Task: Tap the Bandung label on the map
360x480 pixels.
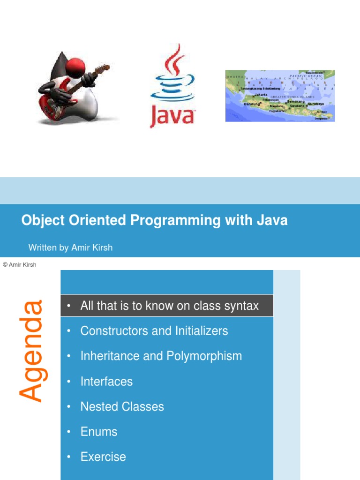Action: tap(252, 104)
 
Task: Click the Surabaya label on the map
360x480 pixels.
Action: tap(315, 104)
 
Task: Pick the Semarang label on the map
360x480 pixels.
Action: tap(295, 101)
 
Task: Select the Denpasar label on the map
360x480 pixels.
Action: tap(321, 119)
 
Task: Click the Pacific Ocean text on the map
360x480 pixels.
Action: tap(306, 76)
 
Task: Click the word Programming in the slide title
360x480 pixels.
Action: tap(176, 220)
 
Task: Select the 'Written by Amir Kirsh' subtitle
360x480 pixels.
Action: tap(70, 247)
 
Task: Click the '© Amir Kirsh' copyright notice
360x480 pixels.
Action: tap(19, 264)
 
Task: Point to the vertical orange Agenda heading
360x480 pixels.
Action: tap(31, 351)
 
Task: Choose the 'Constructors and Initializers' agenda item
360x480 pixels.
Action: tap(154, 331)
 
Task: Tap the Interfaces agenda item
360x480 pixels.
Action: tap(106, 382)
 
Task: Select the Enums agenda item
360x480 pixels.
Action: tap(98, 432)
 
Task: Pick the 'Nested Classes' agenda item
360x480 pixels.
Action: tap(122, 406)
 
